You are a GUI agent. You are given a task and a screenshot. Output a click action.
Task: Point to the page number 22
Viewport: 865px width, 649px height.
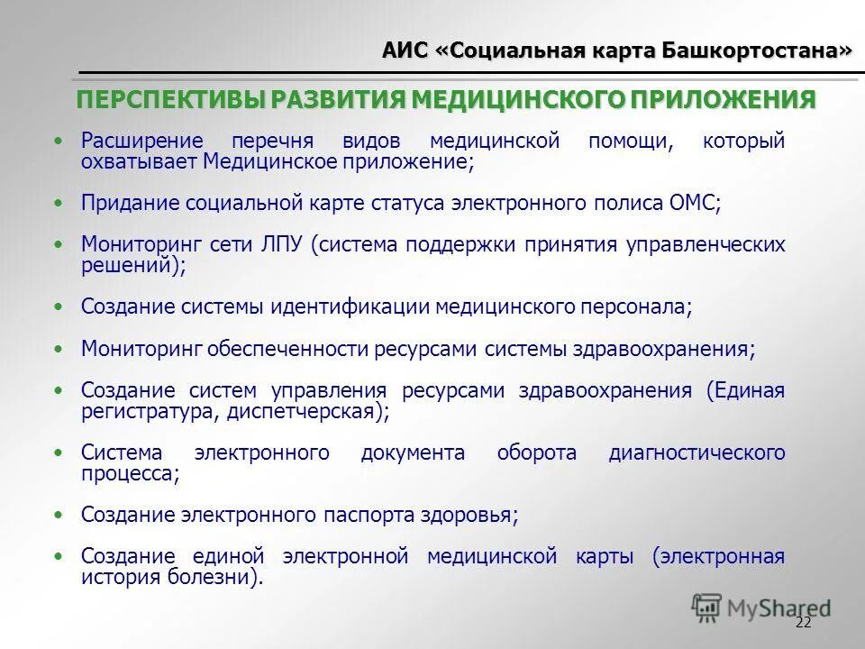[x=804, y=623]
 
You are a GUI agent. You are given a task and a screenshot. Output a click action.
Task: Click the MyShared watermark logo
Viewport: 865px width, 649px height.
[x=761, y=608]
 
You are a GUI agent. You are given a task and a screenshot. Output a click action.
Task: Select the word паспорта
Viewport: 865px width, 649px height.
[x=370, y=516]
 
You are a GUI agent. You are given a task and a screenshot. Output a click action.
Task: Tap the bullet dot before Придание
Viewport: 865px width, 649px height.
[x=59, y=203]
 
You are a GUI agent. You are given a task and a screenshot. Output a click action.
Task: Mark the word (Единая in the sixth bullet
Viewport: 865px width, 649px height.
[x=745, y=391]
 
